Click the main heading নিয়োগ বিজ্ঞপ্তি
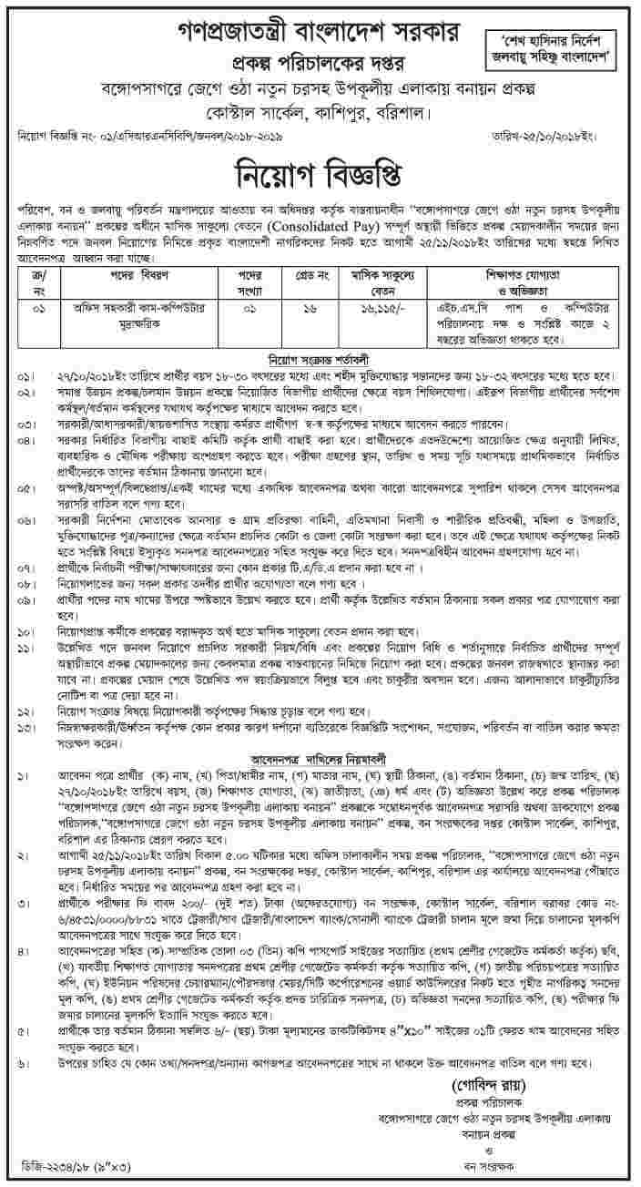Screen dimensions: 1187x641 pos(320,175)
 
